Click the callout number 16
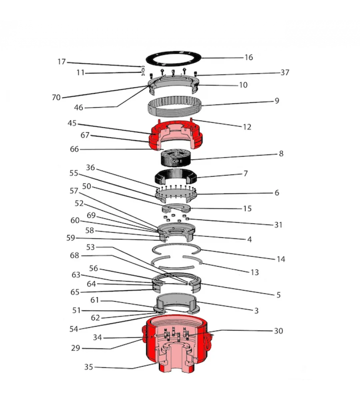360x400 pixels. pos(248,58)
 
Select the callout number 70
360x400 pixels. pos(56,97)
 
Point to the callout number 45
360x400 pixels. pos(72,123)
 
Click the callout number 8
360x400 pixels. pos(281,154)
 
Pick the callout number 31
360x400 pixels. pos(278,225)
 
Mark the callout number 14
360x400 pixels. pos(281,259)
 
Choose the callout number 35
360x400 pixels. pos(89,367)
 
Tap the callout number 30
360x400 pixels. pos(278,331)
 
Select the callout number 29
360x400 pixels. pos(76,348)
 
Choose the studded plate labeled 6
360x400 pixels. pos(176,196)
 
